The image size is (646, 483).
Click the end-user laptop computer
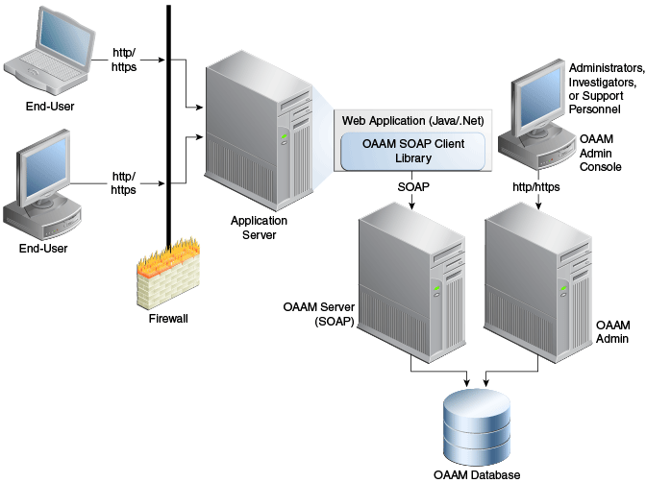[x=49, y=51]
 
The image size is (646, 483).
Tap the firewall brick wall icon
[x=168, y=274]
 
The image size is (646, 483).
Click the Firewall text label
[x=168, y=319]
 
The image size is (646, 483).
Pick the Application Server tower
[x=259, y=131]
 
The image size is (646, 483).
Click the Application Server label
[x=259, y=228]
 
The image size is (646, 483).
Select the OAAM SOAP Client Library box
[x=412, y=151]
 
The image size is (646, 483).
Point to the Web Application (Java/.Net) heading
[x=412, y=121]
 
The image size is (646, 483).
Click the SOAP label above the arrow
[x=413, y=187]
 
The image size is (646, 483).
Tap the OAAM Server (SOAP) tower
[x=411, y=283]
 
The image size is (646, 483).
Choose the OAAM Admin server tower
[x=538, y=283]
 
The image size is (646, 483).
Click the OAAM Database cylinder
[x=477, y=427]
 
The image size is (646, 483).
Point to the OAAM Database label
[x=477, y=474]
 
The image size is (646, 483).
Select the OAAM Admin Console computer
[x=536, y=114]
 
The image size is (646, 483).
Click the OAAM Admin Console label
[x=600, y=153]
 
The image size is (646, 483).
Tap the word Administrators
[x=607, y=68]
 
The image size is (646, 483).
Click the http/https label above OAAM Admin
[x=536, y=187]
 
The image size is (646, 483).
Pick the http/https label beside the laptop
[x=124, y=60]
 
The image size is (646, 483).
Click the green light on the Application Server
[x=284, y=135]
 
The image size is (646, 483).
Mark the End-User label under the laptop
[x=50, y=107]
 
